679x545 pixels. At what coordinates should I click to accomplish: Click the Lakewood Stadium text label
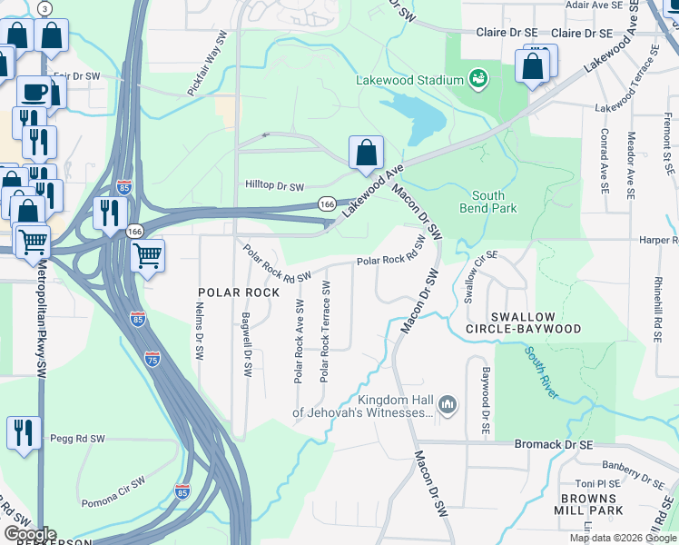pyautogui.click(x=408, y=80)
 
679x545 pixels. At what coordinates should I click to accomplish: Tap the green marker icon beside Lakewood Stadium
pyautogui.click(x=477, y=80)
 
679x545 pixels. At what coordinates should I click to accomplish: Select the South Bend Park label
pyautogui.click(x=495, y=202)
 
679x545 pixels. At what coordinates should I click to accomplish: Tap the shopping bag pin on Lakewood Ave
pyautogui.click(x=366, y=154)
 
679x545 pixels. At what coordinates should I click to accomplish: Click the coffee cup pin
pyautogui.click(x=34, y=92)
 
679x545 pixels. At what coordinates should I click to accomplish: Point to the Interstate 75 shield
pyautogui.click(x=153, y=360)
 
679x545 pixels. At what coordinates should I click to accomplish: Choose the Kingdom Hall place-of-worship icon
pyautogui.click(x=447, y=404)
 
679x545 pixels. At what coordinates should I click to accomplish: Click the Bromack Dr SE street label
pyautogui.click(x=553, y=445)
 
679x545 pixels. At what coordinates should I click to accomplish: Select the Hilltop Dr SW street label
pyautogui.click(x=274, y=186)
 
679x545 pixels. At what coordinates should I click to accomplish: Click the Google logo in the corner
pyautogui.click(x=30, y=534)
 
